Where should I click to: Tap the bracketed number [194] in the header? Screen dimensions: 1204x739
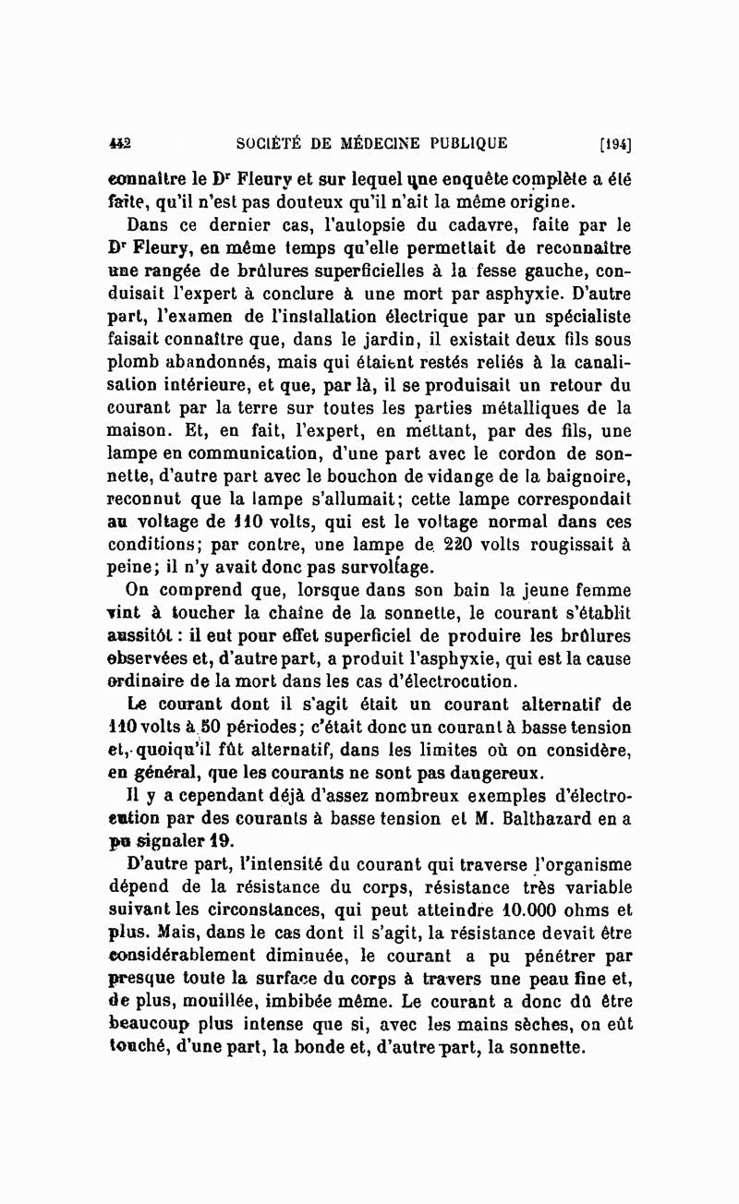(615, 143)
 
